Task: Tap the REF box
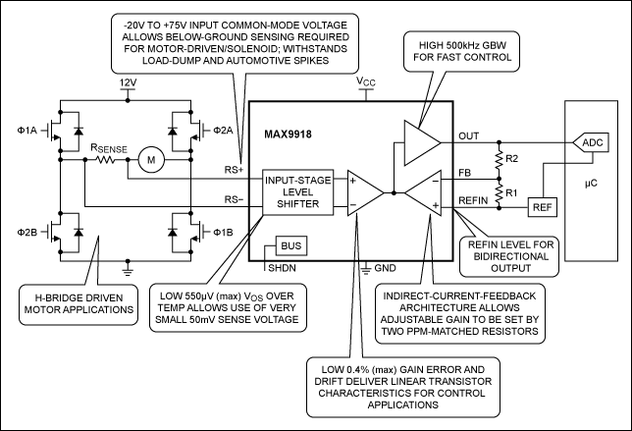[x=542, y=207]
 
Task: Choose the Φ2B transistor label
[x=26, y=234]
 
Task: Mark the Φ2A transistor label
[x=224, y=130]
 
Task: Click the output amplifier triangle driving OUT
[x=420, y=140]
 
